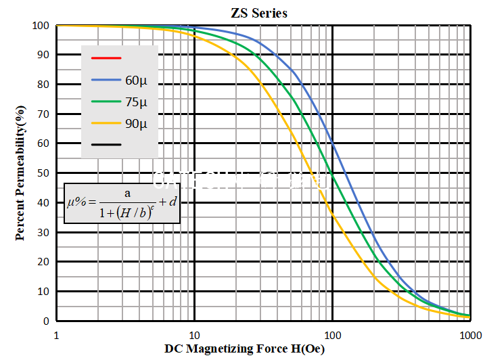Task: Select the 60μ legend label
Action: pyautogui.click(x=135, y=80)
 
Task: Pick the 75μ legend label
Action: pyautogui.click(x=135, y=102)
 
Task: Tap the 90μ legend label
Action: pyautogui.click(x=135, y=123)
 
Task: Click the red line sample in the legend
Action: pyautogui.click(x=106, y=58)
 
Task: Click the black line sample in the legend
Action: pyautogui.click(x=106, y=144)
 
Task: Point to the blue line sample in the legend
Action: pyautogui.click(x=106, y=80)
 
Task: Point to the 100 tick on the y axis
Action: pyautogui.click(x=40, y=26)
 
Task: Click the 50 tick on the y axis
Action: pyautogui.click(x=43, y=173)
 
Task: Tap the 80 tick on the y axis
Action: pyautogui.click(x=43, y=85)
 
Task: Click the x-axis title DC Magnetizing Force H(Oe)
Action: pyautogui.click(x=245, y=349)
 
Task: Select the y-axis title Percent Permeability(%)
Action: pyautogui.click(x=21, y=173)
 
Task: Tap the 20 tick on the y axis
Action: pyautogui.click(x=43, y=262)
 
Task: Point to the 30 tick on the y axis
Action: pyautogui.click(x=43, y=232)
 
